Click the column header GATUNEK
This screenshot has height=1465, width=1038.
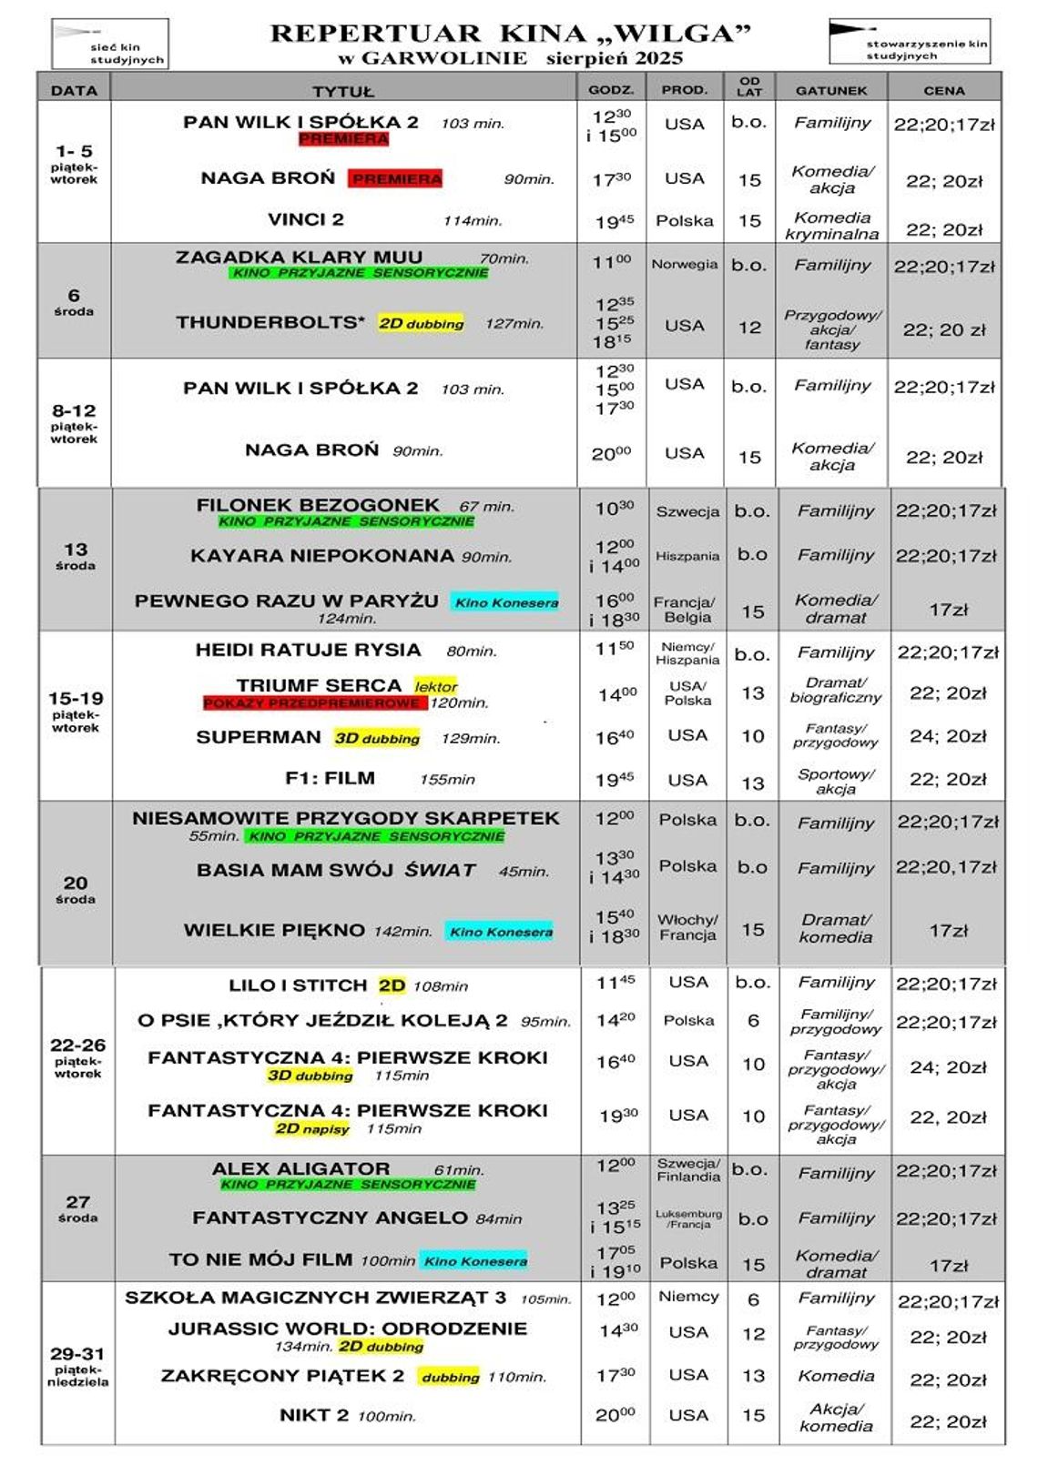(831, 90)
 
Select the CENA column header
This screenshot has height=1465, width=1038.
(943, 90)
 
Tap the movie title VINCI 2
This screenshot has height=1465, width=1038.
(306, 219)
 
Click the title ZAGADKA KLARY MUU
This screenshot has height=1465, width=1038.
(299, 257)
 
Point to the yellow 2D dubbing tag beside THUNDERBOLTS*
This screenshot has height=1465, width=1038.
(422, 323)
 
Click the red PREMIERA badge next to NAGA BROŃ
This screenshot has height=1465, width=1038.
(396, 178)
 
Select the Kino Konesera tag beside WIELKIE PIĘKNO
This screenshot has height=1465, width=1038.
(501, 931)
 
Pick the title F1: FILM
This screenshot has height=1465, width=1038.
(330, 778)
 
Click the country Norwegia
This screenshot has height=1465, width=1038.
(684, 265)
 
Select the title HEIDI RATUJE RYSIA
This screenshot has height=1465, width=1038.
(308, 650)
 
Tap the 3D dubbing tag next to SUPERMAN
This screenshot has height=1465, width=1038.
(377, 738)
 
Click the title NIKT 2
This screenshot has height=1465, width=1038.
(314, 1414)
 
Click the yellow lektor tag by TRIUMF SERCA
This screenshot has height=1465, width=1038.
(436, 686)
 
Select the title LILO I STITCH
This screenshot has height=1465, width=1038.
(298, 985)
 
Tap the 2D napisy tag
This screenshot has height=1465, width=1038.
(312, 1128)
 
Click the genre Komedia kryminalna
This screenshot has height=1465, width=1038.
(831, 226)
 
